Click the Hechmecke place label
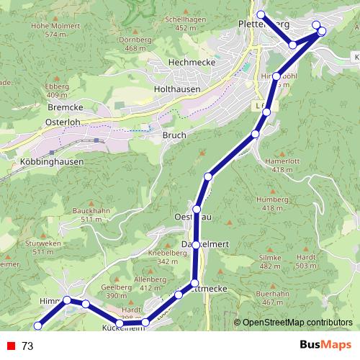(x=187, y=63)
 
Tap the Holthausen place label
(x=177, y=89)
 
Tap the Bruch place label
(x=175, y=135)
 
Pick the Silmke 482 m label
(x=270, y=261)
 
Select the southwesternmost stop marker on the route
(x=37, y=325)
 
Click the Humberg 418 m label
(x=272, y=204)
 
